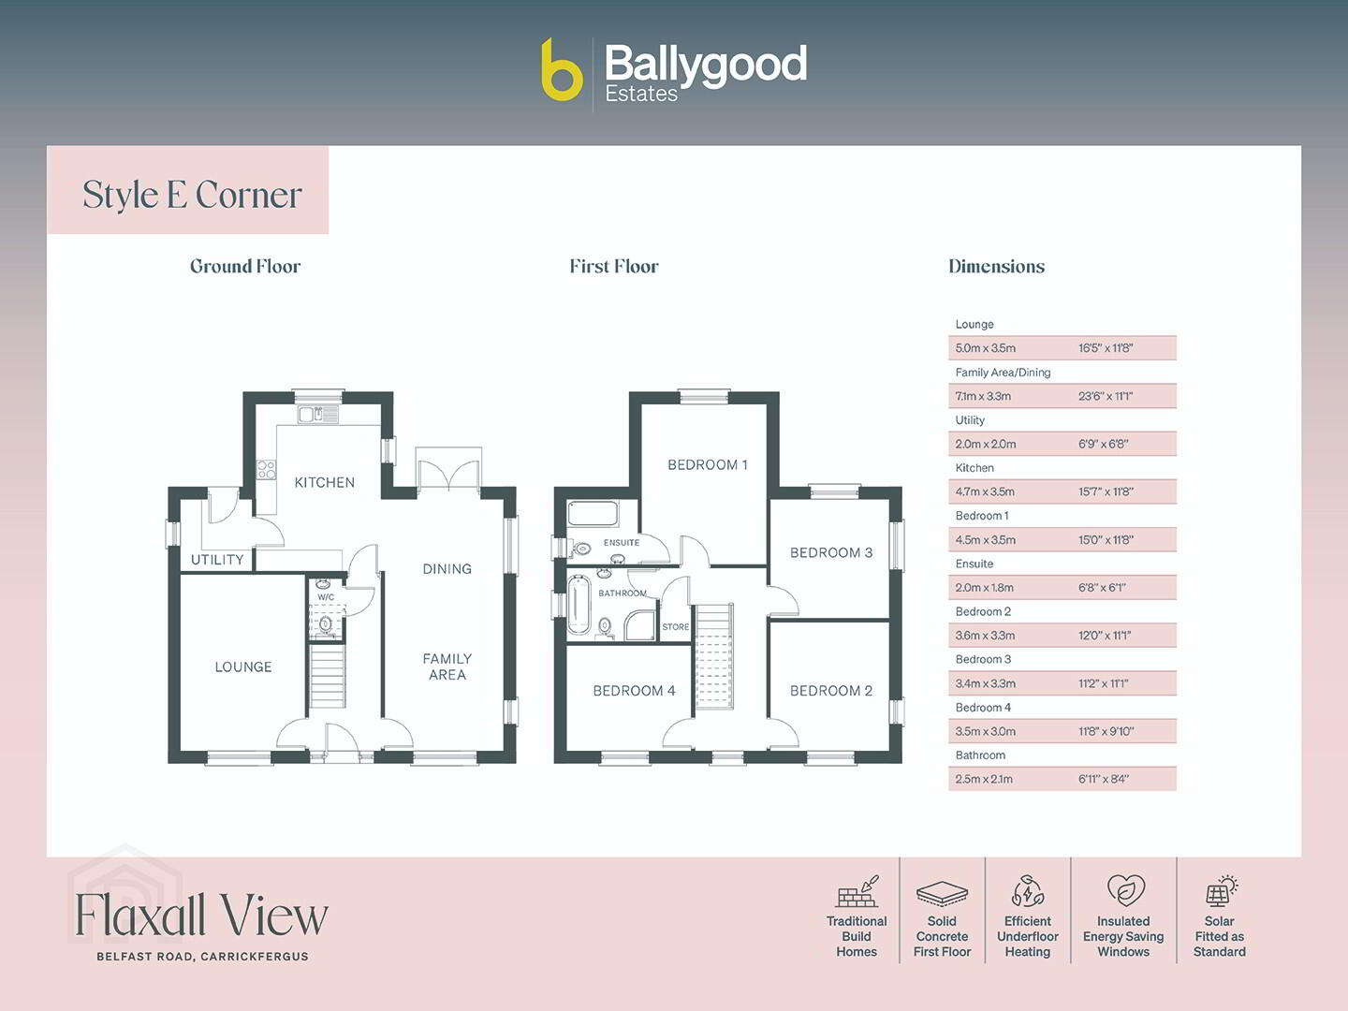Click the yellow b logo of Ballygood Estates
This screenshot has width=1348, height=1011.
(x=562, y=70)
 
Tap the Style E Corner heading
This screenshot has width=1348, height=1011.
(x=192, y=196)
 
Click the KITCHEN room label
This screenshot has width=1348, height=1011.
(x=324, y=482)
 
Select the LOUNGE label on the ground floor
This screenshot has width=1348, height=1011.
(x=243, y=667)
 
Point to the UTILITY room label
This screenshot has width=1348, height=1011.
(x=217, y=560)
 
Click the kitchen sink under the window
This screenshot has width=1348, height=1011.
(x=317, y=415)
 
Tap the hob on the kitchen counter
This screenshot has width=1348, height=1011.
(x=266, y=470)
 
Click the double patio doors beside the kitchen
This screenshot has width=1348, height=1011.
(x=449, y=469)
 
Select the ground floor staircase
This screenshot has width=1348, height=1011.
(x=327, y=675)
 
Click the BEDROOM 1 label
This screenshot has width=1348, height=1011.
(x=708, y=464)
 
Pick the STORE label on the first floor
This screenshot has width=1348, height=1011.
(x=676, y=627)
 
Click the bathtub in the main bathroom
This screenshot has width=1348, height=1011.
(x=578, y=605)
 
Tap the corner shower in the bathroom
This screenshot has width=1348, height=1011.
(x=639, y=625)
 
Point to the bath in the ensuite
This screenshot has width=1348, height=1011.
(x=593, y=514)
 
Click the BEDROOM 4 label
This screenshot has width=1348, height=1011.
(x=634, y=691)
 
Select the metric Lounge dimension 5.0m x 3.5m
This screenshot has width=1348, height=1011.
(x=985, y=348)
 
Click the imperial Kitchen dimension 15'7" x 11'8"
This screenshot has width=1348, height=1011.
(x=1106, y=491)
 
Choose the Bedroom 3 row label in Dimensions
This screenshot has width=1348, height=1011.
(x=983, y=659)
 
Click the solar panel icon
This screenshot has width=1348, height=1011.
(x=1221, y=891)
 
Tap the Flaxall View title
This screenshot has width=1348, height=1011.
(x=201, y=915)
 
